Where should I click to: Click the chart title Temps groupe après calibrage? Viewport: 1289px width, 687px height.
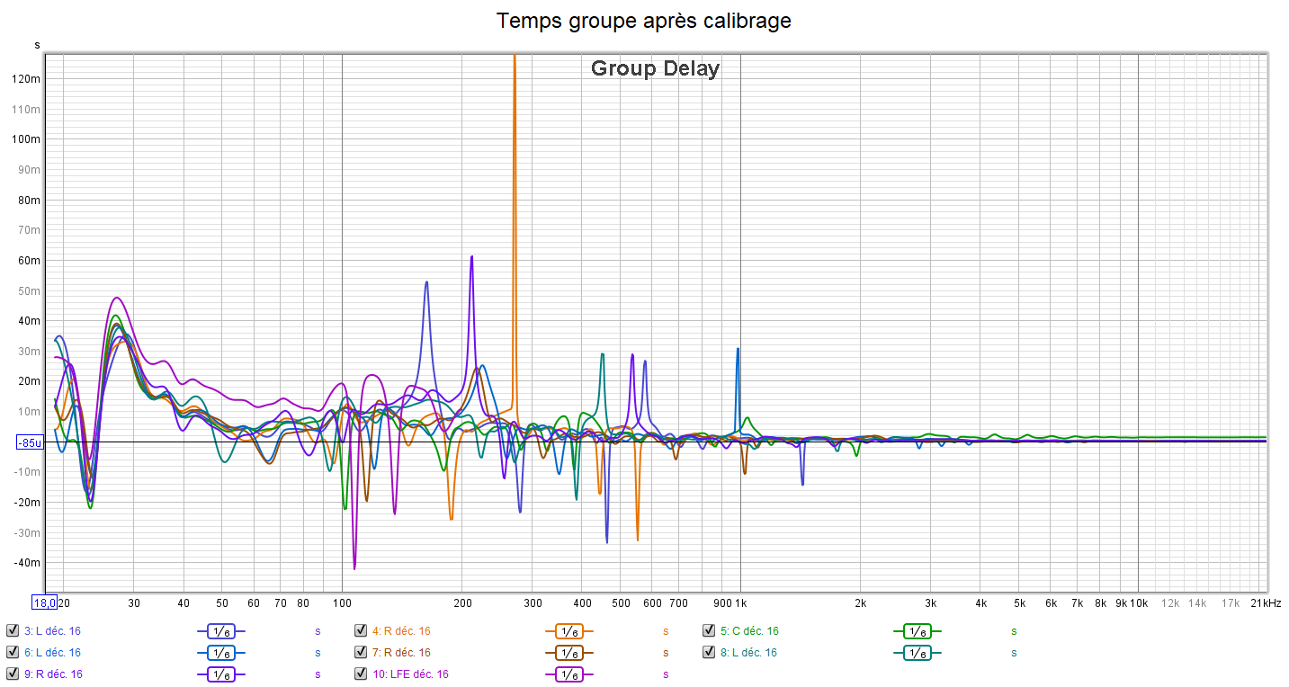coord(644,21)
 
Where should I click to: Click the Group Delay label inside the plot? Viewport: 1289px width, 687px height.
coord(655,68)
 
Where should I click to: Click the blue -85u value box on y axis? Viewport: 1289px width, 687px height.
coord(30,442)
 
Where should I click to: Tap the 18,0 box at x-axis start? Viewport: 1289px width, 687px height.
coord(44,602)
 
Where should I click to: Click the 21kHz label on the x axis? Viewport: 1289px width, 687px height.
coord(1266,603)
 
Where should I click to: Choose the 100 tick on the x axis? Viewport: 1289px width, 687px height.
coord(342,603)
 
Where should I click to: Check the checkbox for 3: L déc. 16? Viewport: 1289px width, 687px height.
coord(13,630)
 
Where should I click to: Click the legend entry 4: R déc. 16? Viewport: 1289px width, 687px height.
coord(401,631)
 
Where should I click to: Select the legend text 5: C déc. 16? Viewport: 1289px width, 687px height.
coord(749,631)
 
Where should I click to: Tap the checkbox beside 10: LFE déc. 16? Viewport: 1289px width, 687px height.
coord(361,674)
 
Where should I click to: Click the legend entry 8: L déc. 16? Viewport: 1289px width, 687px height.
coord(749,653)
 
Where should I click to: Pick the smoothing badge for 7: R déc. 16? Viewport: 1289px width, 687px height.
coord(568,653)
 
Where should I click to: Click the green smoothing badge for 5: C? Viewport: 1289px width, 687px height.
coord(917,631)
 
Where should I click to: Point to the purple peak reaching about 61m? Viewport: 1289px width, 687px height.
coord(471,257)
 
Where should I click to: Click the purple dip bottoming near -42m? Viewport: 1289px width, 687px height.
coord(354,568)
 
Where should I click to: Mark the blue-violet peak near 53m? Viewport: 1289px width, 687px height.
coord(426,282)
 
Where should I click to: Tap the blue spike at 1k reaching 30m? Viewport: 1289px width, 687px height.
coord(738,349)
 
